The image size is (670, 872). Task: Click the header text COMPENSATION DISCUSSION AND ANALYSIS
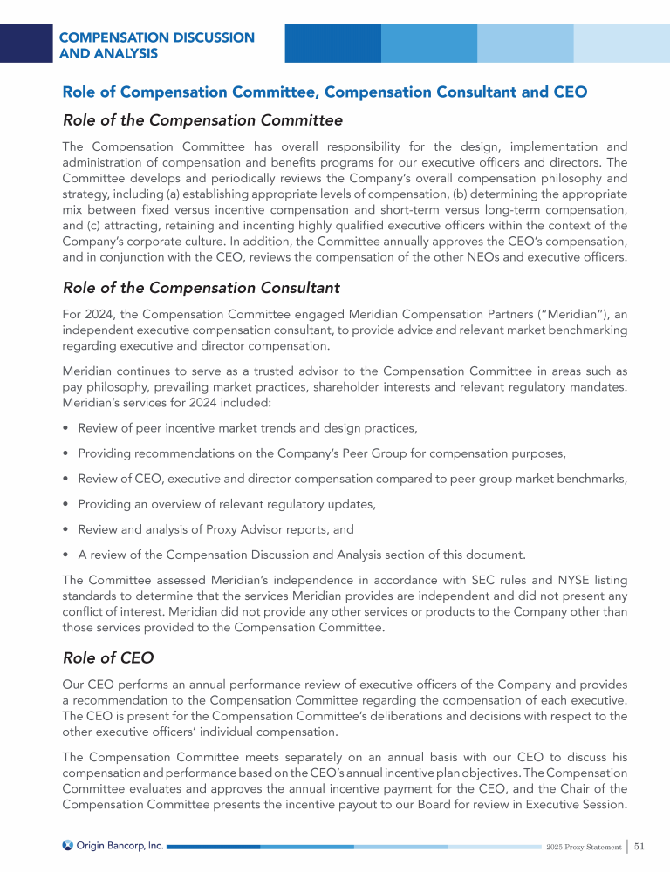pyautogui.click(x=157, y=45)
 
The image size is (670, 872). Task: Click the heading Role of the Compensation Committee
pyautogui.click(x=202, y=120)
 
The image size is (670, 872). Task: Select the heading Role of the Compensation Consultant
pyautogui.click(x=202, y=287)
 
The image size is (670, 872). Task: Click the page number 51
pyautogui.click(x=639, y=845)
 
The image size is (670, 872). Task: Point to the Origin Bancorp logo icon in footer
pyautogui.click(x=68, y=845)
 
